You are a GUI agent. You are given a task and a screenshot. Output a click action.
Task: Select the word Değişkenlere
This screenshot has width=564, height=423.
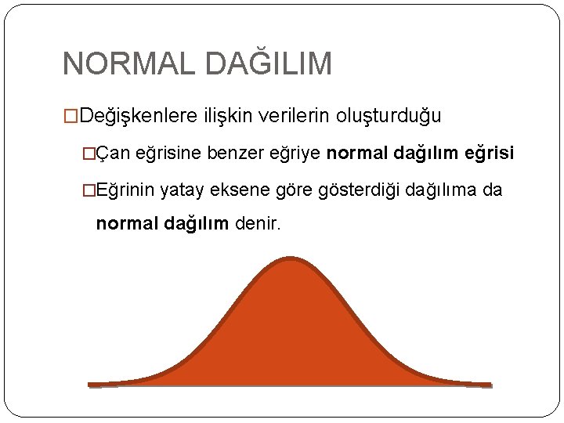click(139, 117)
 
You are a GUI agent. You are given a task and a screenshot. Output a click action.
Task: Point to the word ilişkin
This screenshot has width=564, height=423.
click(223, 117)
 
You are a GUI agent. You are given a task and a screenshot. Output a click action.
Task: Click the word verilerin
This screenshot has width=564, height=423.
click(292, 117)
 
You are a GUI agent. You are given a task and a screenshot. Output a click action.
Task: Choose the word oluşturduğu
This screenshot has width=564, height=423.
click(389, 117)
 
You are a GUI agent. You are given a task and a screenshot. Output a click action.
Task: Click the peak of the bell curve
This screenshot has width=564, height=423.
click(291, 259)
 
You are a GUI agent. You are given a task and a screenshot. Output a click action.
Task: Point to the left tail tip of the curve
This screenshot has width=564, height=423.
click(91, 385)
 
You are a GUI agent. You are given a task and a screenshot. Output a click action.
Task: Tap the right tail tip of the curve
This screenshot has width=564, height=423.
click(490, 385)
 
